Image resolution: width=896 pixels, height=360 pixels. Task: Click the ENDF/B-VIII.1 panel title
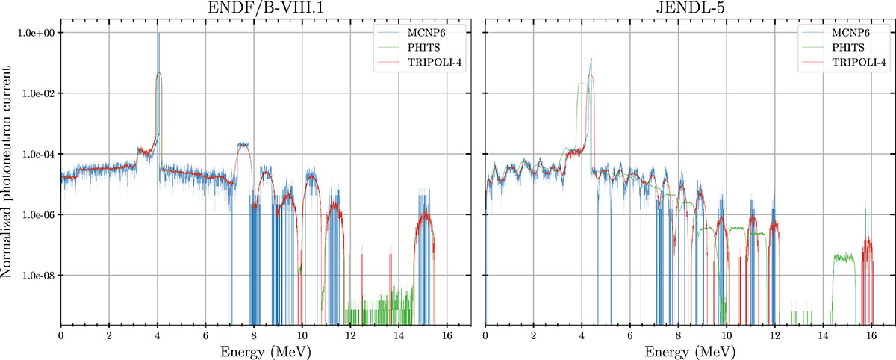coord(265,9)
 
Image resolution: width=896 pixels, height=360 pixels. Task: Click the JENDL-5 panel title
coord(690,9)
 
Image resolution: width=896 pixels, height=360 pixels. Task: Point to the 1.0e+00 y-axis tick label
coord(37,34)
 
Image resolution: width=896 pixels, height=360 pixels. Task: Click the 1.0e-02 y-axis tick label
coord(37,94)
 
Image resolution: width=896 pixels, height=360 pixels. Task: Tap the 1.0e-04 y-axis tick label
coord(37,155)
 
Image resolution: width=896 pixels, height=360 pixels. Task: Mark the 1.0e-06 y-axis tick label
coord(37,215)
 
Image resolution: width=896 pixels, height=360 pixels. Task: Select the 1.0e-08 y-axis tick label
coord(37,276)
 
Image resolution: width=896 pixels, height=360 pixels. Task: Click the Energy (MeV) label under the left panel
coord(265,350)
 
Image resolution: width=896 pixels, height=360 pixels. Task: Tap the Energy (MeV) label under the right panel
coord(690,350)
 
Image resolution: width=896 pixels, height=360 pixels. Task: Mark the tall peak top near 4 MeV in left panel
coord(158,35)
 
